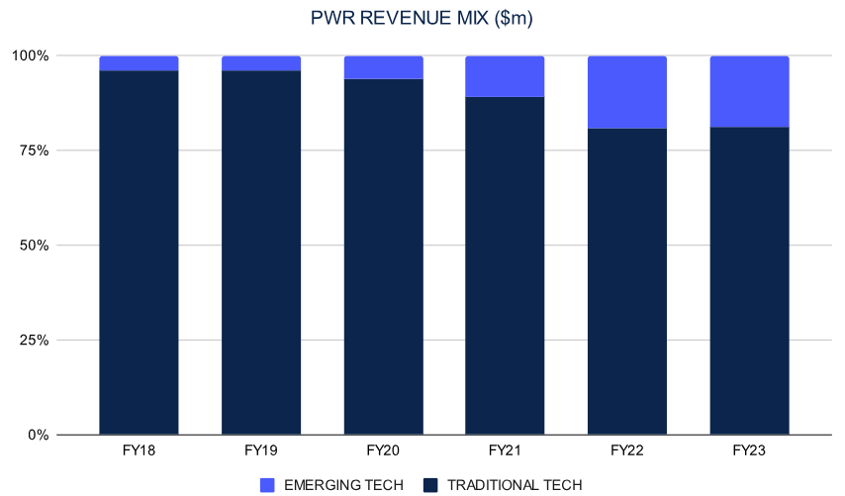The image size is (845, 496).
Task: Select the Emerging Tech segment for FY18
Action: (139, 63)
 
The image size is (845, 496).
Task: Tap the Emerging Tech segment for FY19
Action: (261, 63)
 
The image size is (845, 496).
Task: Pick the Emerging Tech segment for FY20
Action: (383, 67)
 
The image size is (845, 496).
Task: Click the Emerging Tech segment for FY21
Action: (506, 76)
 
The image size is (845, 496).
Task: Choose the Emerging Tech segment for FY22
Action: (627, 92)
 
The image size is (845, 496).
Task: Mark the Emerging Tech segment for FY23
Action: (749, 91)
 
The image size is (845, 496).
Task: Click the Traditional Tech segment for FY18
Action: (139, 252)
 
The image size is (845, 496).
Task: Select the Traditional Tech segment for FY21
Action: (506, 265)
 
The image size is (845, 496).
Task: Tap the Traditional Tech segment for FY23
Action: (749, 280)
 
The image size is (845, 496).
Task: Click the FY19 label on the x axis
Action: (261, 450)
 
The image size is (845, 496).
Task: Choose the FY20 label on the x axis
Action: (383, 450)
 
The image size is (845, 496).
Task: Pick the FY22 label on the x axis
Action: (627, 450)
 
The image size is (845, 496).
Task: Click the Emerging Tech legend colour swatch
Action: (268, 485)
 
